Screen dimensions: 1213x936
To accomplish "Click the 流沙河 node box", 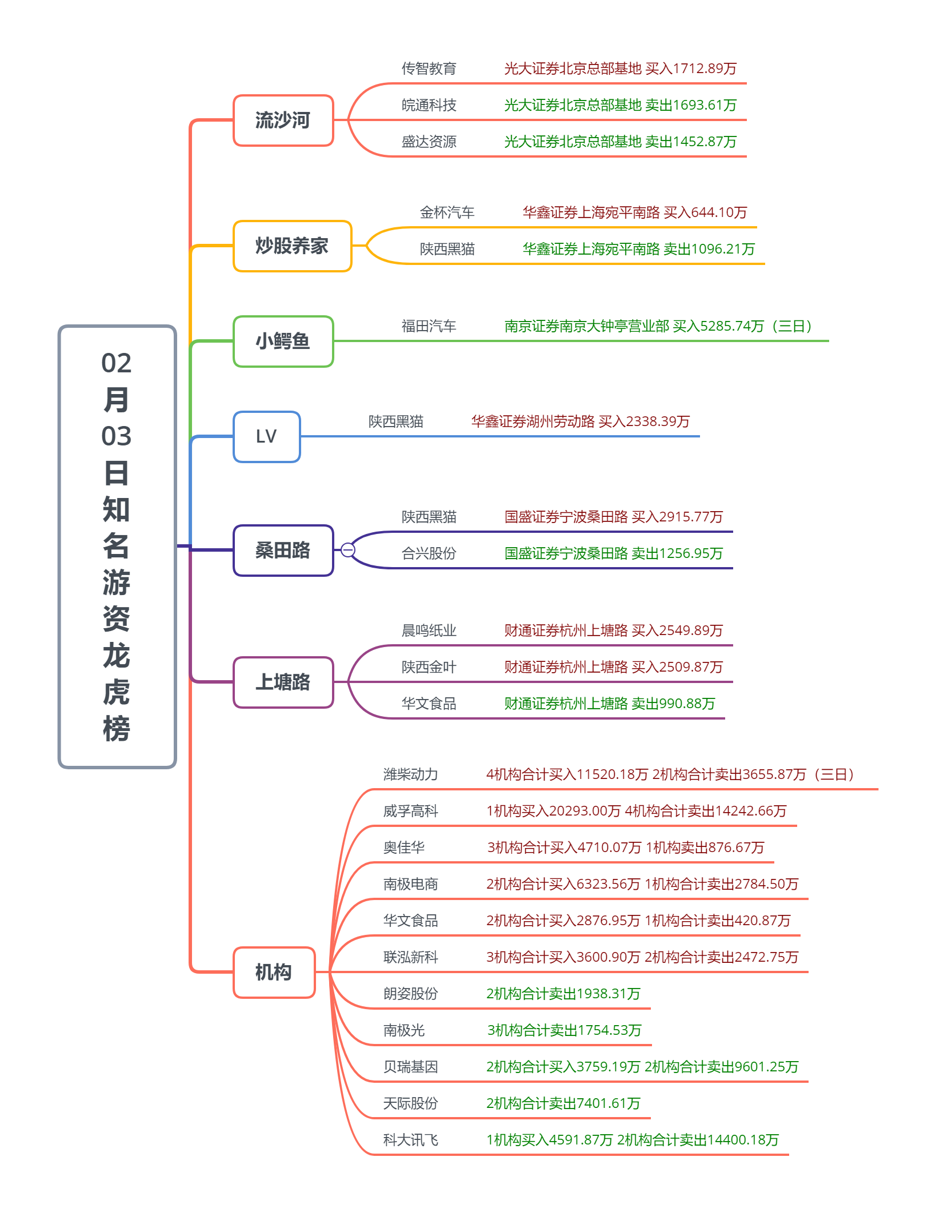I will (x=283, y=121).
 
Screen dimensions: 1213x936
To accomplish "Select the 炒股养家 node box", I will (x=292, y=246).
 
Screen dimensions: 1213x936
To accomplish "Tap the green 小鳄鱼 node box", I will (x=283, y=342).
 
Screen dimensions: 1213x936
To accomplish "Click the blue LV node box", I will (x=266, y=437).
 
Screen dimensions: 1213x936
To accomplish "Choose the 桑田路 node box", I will (x=283, y=551).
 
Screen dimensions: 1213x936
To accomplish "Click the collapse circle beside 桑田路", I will (x=347, y=550).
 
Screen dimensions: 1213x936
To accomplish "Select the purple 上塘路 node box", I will (x=283, y=682).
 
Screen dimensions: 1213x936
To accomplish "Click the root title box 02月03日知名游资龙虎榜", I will (x=117, y=547).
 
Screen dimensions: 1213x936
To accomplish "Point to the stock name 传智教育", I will (x=429, y=69).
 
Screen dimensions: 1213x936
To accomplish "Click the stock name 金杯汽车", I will (x=447, y=213).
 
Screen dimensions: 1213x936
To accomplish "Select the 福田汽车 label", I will (x=429, y=327).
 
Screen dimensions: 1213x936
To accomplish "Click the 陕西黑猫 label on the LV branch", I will (x=395, y=422).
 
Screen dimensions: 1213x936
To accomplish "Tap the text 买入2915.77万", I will (x=677, y=517).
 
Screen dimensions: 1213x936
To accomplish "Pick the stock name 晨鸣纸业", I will (x=429, y=631).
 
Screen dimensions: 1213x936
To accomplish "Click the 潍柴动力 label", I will (x=410, y=775).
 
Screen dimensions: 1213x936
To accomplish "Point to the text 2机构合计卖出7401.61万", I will (x=563, y=1104).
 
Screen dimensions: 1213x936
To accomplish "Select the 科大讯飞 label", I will (x=410, y=1140).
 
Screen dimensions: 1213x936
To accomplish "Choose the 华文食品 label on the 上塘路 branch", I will (x=429, y=704).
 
